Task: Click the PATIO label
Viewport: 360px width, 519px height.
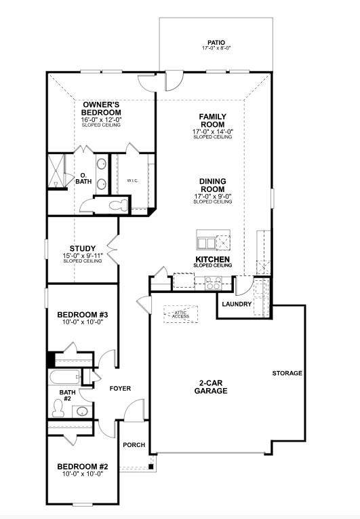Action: [x=216, y=43]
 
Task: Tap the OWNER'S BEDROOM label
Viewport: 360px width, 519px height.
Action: [x=101, y=109]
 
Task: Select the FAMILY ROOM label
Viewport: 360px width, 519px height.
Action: [x=212, y=121]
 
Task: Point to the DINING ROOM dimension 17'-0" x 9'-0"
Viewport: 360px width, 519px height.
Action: [x=214, y=196]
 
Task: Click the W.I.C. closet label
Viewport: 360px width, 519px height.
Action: [x=132, y=180]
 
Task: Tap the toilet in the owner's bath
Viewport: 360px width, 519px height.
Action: [x=119, y=205]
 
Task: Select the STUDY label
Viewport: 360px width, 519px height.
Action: [x=83, y=248]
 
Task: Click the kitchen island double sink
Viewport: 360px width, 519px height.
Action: [x=206, y=244]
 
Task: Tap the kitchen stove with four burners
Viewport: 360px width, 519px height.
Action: [x=214, y=283]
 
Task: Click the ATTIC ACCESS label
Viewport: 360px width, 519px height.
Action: [x=180, y=314]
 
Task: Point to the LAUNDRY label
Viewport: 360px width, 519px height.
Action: [x=237, y=304]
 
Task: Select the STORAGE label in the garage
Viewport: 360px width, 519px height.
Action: [x=287, y=373]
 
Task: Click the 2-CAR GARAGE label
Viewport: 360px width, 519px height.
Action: [x=211, y=387]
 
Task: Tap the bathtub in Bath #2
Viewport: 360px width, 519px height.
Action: [x=65, y=377]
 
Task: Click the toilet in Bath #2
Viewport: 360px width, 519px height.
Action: [x=58, y=408]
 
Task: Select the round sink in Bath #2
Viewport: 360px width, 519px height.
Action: [x=82, y=411]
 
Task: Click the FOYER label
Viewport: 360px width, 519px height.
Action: [x=120, y=388]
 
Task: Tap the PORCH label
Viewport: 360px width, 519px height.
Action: [x=134, y=445]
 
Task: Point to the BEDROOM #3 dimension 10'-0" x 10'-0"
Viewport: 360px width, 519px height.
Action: [x=83, y=322]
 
